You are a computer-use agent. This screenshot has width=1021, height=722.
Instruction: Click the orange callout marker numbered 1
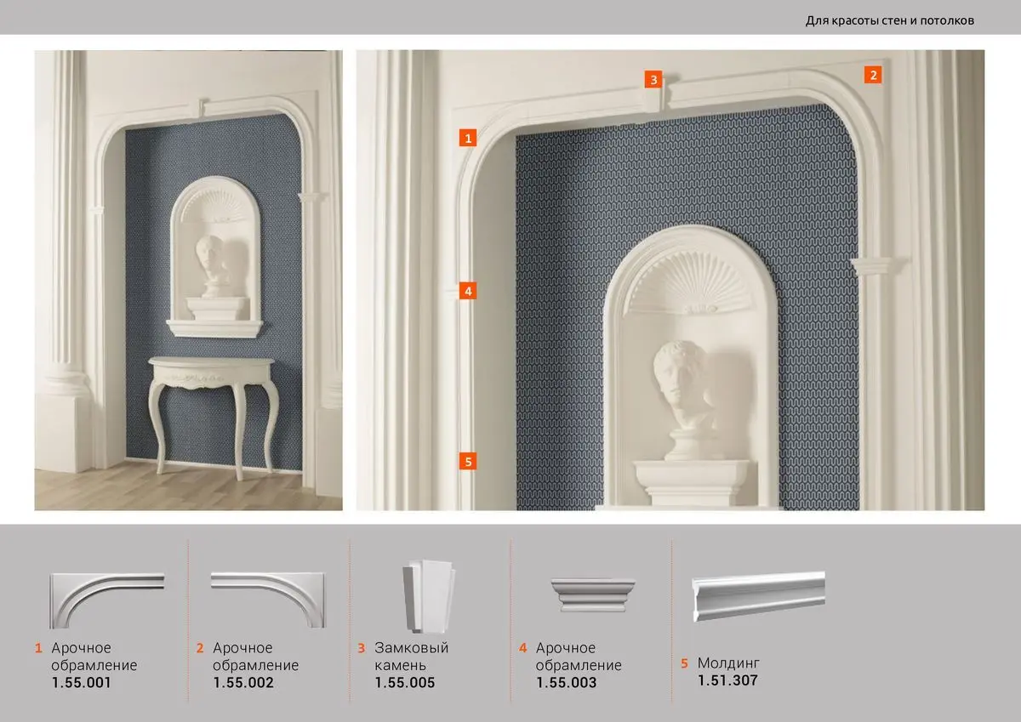(x=468, y=138)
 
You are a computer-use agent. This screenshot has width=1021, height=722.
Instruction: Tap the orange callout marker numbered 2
(x=873, y=75)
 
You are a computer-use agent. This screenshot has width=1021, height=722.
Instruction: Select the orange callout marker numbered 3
(x=653, y=79)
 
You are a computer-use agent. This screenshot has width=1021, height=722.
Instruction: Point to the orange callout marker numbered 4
(x=468, y=291)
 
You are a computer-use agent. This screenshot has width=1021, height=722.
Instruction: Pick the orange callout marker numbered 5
(x=468, y=462)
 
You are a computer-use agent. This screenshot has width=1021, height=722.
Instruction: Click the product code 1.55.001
(x=81, y=682)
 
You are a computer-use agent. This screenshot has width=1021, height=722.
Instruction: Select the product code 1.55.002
(x=243, y=682)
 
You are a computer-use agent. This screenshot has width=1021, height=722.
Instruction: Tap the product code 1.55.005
(x=405, y=682)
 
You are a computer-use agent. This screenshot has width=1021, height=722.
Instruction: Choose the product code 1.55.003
(x=566, y=682)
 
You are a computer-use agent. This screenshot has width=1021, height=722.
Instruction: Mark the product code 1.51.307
(x=727, y=680)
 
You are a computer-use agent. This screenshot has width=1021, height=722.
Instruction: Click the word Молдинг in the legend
(x=728, y=662)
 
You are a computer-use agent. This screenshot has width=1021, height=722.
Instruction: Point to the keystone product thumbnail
(x=429, y=596)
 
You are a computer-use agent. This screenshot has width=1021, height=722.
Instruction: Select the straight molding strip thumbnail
(x=758, y=596)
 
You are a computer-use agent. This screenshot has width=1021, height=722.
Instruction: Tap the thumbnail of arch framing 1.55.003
(x=592, y=594)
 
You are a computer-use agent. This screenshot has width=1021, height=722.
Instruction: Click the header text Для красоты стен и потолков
(x=890, y=20)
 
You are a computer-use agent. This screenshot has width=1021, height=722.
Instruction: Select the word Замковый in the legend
(x=411, y=648)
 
